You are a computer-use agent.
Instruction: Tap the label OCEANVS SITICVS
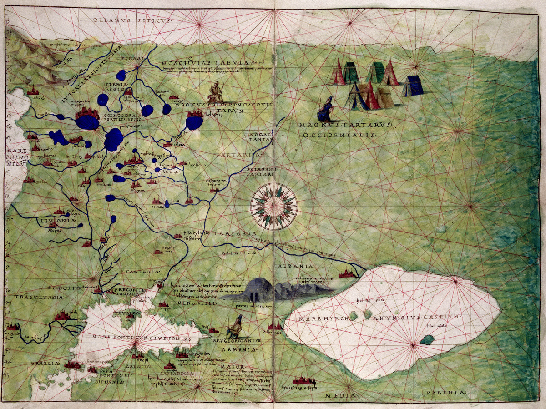(x=131, y=20)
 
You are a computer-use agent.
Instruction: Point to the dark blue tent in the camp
(x=413, y=86)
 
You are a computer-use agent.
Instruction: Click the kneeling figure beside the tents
(x=326, y=111)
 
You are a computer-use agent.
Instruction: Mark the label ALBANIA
(x=298, y=265)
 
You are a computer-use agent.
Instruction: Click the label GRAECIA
(x=45, y=364)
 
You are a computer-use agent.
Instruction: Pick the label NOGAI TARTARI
(x=260, y=137)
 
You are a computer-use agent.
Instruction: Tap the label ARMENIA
(x=237, y=349)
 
